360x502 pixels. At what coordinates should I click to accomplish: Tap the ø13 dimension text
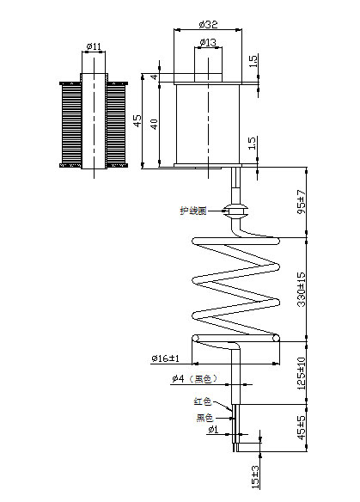pos(207,42)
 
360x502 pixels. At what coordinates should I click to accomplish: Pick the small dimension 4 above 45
pos(155,77)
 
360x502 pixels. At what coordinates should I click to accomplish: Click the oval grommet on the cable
pos(235,209)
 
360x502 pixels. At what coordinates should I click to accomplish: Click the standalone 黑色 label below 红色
pos(205,418)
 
